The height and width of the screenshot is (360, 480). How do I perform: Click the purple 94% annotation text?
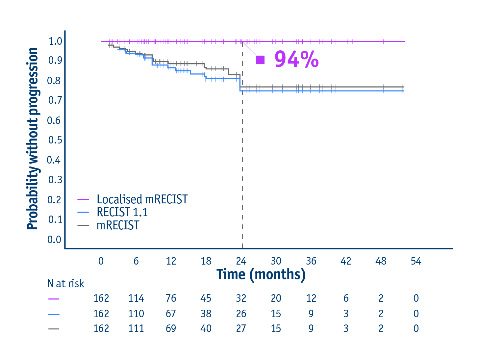[296, 60]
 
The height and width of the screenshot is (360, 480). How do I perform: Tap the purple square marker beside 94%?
[260, 60]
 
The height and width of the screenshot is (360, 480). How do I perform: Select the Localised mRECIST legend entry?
[142, 199]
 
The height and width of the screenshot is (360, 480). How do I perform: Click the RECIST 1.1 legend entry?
[122, 212]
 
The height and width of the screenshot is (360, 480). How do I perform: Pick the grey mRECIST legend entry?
[118, 225]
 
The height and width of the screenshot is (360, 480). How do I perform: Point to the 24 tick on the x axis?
[241, 261]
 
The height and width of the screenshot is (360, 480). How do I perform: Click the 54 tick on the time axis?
[416, 261]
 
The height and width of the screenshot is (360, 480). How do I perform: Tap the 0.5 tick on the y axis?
[55, 140]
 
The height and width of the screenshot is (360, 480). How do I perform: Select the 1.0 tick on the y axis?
[55, 41]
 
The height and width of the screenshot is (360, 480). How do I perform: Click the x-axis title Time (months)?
[261, 274]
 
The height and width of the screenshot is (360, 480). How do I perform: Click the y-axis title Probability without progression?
[33, 139]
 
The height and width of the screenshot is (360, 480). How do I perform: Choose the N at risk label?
[66, 283]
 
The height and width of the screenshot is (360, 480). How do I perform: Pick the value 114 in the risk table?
[136, 298]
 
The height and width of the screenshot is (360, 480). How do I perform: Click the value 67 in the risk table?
[171, 314]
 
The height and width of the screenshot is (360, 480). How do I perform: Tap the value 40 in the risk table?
[206, 328]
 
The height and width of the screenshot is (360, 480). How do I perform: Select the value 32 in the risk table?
[241, 298]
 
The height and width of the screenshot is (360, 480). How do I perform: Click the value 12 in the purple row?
[311, 298]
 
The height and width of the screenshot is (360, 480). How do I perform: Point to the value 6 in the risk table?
[346, 298]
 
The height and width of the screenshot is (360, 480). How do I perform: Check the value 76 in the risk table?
[171, 298]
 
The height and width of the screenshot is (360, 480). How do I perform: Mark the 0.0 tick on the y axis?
[54, 240]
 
